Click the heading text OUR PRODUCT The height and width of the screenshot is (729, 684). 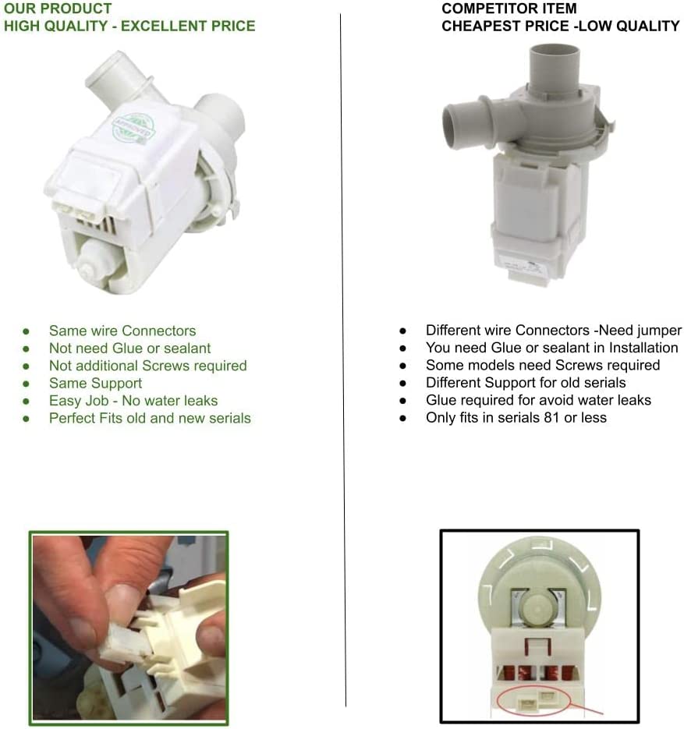[58, 9]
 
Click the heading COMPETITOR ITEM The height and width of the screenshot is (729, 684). [509, 9]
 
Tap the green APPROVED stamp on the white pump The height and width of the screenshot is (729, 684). [133, 128]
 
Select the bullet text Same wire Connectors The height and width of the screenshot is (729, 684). [122, 331]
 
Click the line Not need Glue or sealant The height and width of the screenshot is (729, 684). [129, 349]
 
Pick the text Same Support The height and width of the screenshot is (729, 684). [95, 383]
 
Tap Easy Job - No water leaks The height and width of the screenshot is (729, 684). [133, 401]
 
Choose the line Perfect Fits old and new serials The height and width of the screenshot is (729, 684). [150, 418]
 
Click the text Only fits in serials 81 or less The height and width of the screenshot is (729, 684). [516, 417]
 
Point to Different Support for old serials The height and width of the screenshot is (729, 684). [526, 383]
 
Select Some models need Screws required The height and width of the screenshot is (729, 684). [543, 365]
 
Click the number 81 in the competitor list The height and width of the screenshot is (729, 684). [551, 417]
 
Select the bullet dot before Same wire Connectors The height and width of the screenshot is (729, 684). [26, 331]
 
